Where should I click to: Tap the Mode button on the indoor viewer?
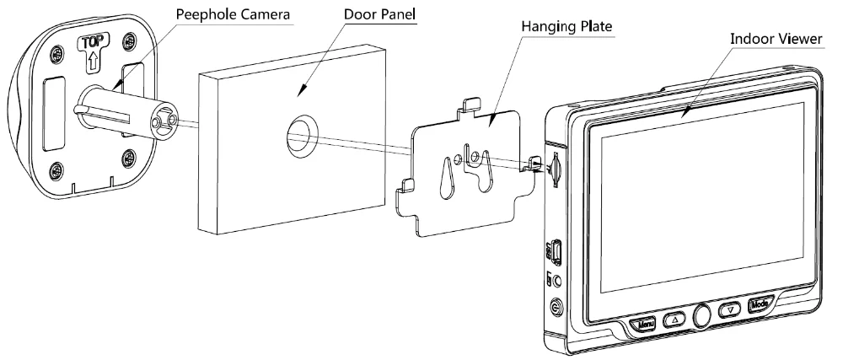tap(758, 305)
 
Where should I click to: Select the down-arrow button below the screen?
tap(728, 311)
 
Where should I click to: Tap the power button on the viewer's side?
tap(556, 309)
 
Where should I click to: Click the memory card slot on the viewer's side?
tap(556, 169)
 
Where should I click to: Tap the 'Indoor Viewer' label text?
tap(775, 39)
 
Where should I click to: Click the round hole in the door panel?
tap(301, 134)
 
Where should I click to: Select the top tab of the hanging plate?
tap(472, 105)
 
